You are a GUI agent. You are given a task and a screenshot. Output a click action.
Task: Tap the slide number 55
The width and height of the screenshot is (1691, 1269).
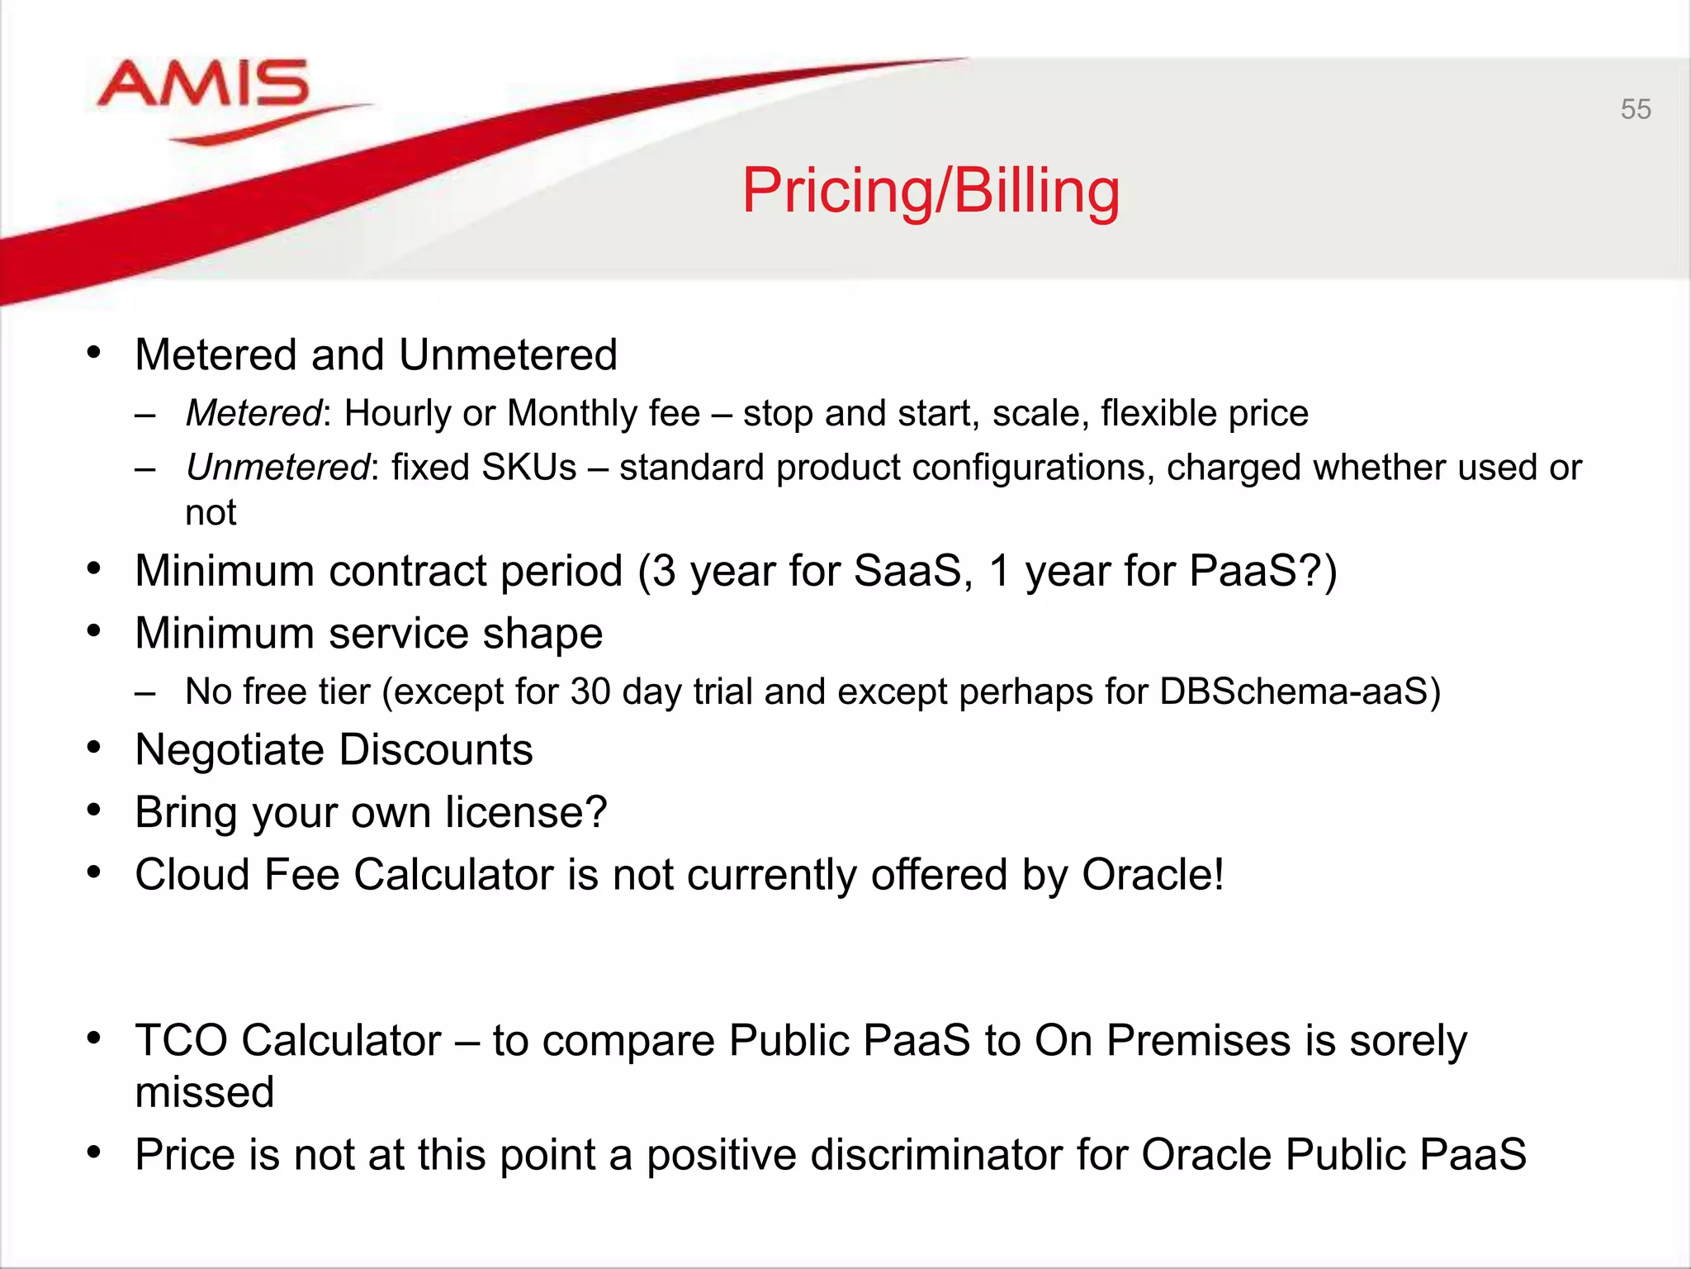click(1635, 109)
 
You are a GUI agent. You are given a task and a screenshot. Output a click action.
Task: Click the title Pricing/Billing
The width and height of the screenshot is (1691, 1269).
click(931, 191)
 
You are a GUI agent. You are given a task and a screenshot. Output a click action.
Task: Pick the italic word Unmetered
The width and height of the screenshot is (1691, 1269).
click(277, 468)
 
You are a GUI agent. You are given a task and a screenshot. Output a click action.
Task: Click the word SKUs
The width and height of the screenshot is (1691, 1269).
click(528, 468)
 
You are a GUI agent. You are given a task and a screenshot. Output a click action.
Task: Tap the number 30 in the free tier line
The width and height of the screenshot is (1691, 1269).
click(590, 692)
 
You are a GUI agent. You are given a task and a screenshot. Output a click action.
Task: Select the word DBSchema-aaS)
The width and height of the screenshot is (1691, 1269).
click(1300, 692)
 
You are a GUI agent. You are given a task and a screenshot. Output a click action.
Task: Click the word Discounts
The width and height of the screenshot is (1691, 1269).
click(435, 750)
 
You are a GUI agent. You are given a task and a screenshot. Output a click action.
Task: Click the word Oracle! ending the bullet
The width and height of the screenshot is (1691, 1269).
click(1153, 875)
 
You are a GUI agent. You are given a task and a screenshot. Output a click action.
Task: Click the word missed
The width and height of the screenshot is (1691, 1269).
click(204, 1092)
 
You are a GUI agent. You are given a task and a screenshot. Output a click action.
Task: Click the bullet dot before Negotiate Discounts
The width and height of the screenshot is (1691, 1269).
click(94, 747)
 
